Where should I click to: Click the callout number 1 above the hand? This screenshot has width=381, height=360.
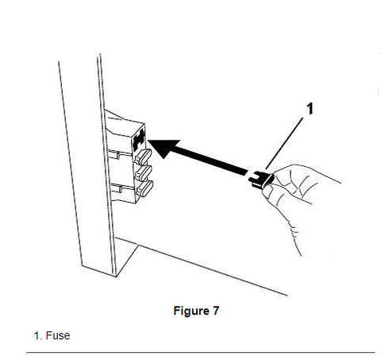[310, 109]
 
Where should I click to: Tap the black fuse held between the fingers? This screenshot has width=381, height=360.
[260, 180]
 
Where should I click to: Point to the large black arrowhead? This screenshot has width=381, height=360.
[164, 149]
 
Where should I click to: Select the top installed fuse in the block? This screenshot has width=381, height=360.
[143, 156]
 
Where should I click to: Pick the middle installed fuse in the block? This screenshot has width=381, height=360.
[144, 172]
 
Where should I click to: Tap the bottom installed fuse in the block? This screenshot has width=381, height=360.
[144, 188]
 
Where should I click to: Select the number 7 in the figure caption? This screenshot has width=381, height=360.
[216, 311]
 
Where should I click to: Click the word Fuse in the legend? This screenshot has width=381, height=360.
[58, 335]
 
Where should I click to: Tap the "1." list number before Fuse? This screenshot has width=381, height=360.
[38, 335]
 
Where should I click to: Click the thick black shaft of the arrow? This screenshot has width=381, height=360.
[209, 161]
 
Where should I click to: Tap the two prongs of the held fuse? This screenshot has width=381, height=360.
[253, 180]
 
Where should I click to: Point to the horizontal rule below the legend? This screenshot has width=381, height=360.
[201, 353]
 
